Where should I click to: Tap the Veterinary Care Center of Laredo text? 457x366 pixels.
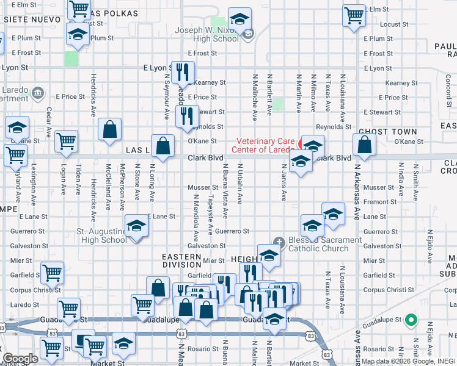point(265,145)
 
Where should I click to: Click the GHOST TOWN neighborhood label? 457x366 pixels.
point(387,132)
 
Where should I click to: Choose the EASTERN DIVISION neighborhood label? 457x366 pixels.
point(181,260)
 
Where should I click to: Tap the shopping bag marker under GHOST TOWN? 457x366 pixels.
point(364,145)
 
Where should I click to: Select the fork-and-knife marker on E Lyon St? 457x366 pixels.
point(181,73)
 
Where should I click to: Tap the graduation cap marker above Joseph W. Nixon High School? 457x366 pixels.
point(240,19)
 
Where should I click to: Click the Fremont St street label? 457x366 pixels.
point(379,202)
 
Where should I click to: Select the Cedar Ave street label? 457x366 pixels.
point(48,123)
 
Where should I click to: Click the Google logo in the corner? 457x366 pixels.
point(20,359)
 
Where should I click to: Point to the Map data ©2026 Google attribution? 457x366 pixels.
point(398,361)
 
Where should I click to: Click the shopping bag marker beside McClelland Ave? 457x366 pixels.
point(109,130)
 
